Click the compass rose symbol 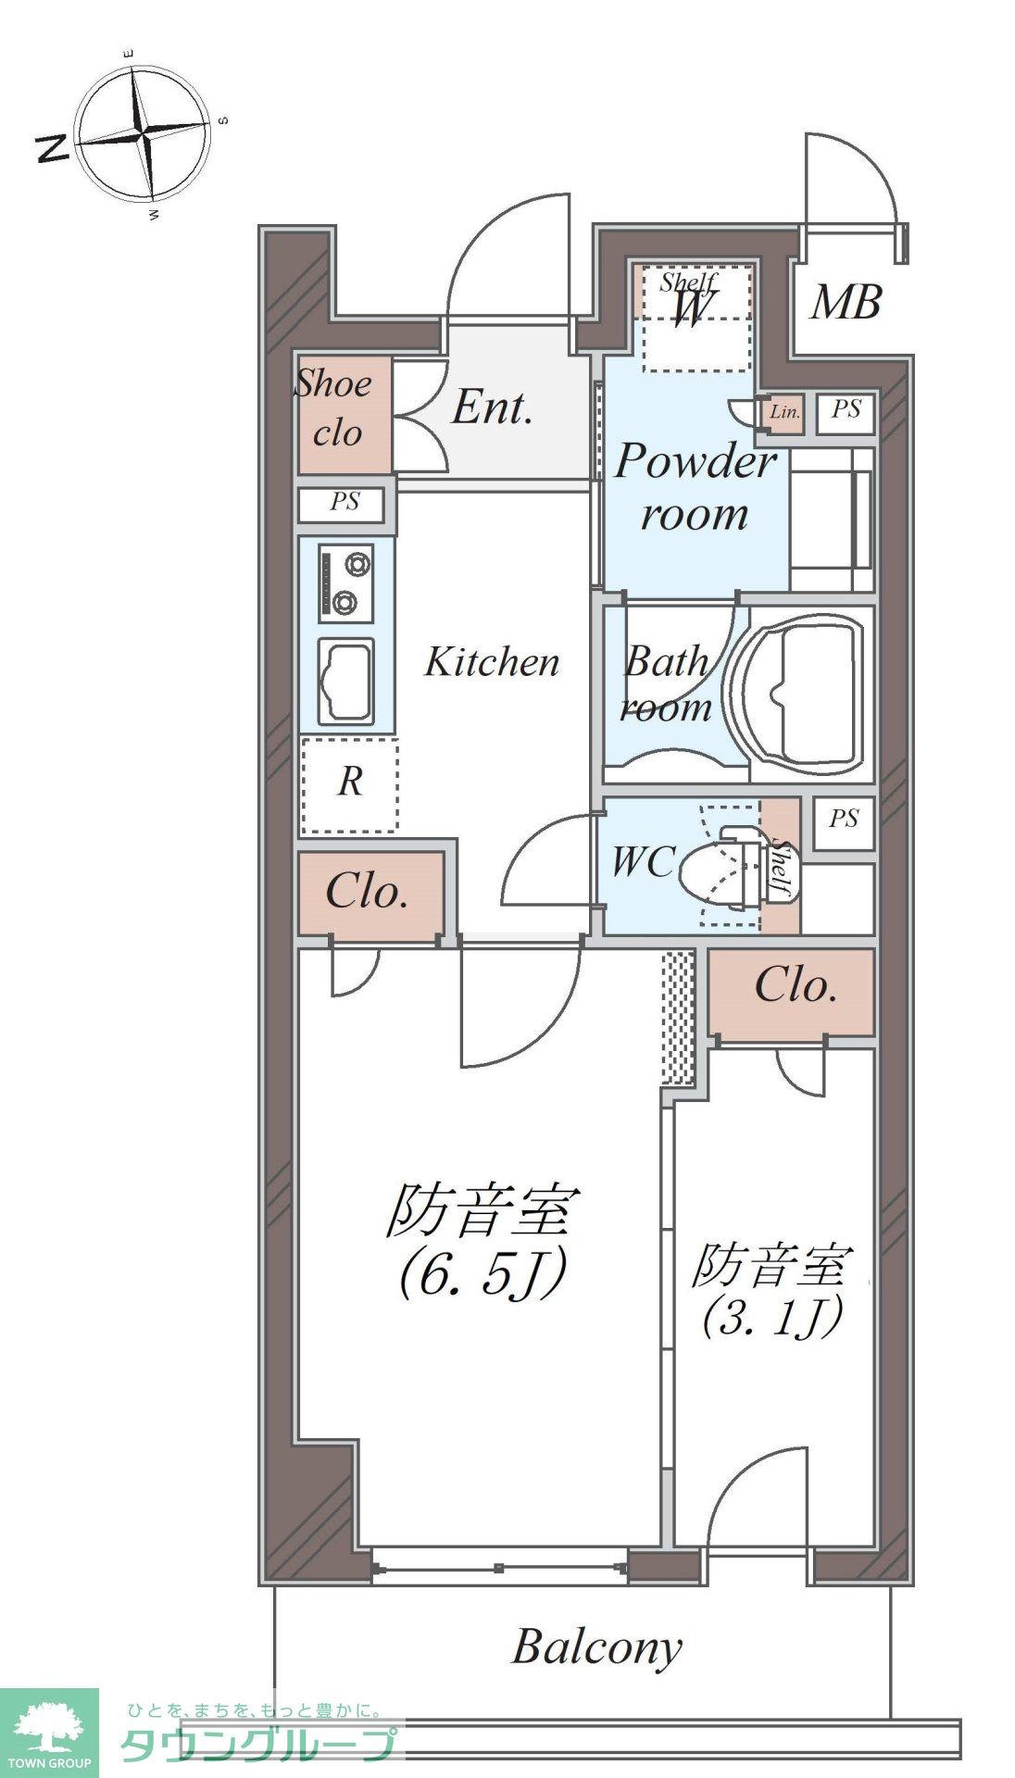coord(143,136)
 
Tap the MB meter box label coord(845,303)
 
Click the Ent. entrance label coord(492,408)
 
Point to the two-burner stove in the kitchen coord(345,582)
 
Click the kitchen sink coord(345,682)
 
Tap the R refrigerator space coord(349,783)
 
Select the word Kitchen coord(492,662)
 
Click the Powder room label coord(695,486)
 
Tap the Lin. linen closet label coord(784,412)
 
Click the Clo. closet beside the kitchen coord(368,893)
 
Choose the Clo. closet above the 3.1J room coord(795,987)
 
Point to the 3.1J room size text coord(771,1317)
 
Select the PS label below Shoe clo coord(345,502)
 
